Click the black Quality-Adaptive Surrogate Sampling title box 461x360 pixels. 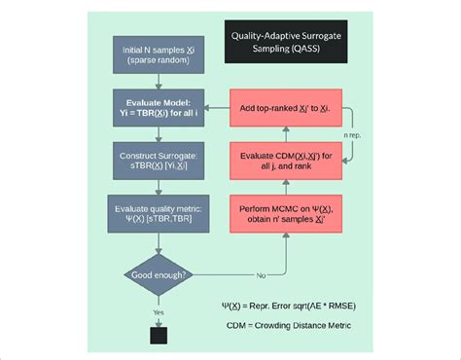pyautogui.click(x=288, y=41)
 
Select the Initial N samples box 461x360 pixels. pyautogui.click(x=157, y=55)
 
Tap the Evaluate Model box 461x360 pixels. pyautogui.click(x=157, y=107)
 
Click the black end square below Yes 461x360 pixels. pyautogui.click(x=157, y=336)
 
